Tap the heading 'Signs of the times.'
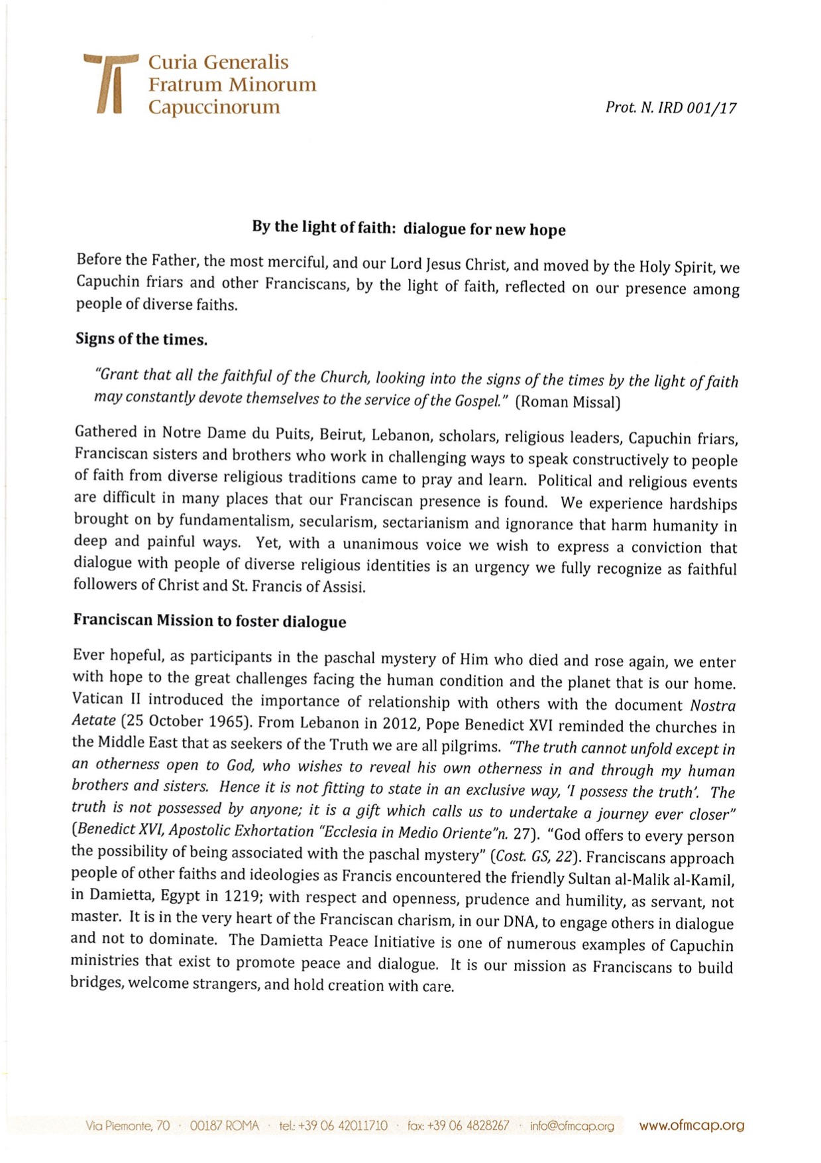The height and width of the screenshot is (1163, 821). click(141, 339)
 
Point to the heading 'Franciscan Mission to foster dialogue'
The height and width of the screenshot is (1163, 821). click(209, 621)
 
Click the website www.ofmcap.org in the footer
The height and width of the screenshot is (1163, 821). click(691, 1125)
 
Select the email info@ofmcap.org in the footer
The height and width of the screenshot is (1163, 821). click(572, 1126)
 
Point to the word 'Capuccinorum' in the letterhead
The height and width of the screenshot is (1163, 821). click(213, 107)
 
